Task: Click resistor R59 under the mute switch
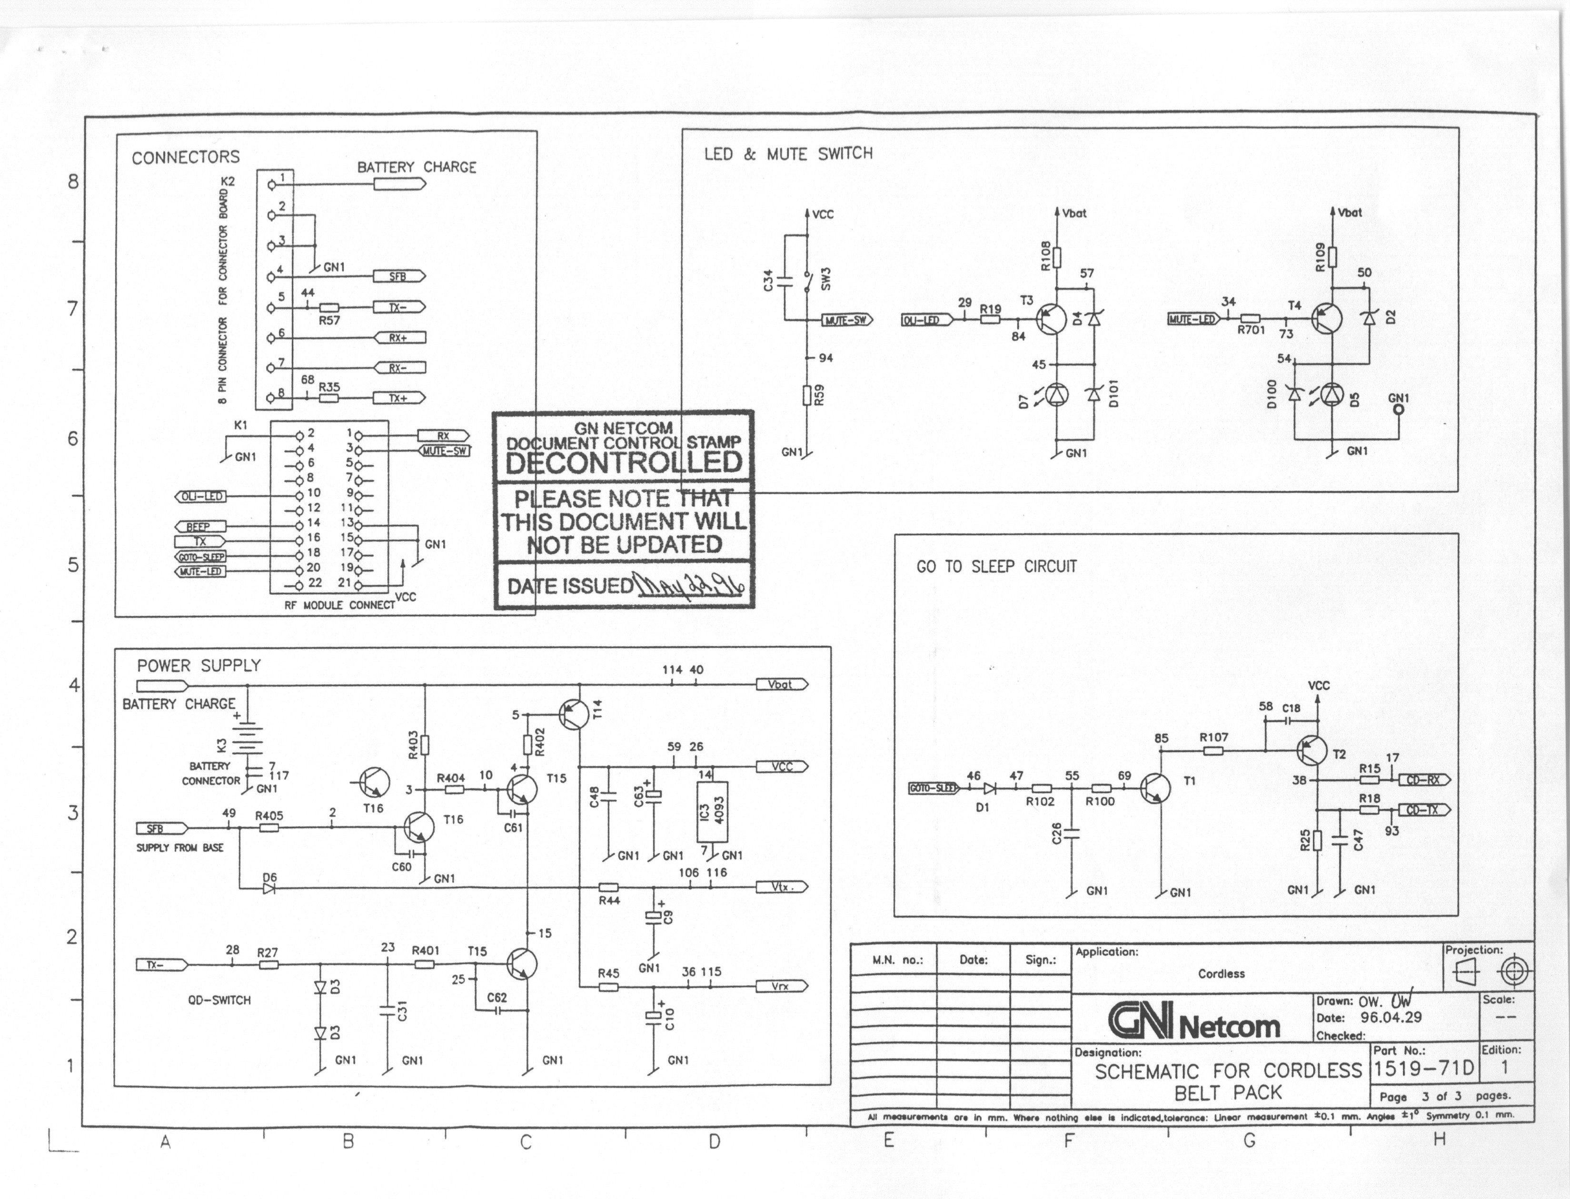tap(807, 395)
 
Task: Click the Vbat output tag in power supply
tap(782, 684)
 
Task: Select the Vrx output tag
tap(782, 986)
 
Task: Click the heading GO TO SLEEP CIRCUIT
tap(996, 567)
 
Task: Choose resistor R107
tap(1213, 751)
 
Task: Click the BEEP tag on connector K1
tap(200, 527)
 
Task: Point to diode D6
tap(269, 889)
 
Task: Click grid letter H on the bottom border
tap(1439, 1140)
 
